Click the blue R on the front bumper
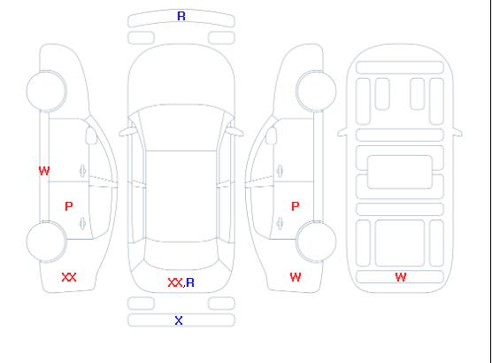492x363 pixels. point(181,16)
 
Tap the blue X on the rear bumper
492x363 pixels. point(179,321)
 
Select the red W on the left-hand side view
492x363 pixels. point(44,171)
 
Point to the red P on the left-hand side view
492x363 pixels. point(69,206)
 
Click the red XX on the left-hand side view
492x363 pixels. point(69,277)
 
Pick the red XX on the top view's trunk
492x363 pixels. point(175,282)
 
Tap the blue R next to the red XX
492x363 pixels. point(190,282)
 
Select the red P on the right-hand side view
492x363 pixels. point(296,206)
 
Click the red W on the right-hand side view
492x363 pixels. point(296,277)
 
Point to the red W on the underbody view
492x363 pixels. point(401,277)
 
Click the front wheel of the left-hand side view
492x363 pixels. point(46,91)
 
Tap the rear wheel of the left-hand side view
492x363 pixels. point(46,242)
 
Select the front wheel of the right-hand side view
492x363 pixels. point(316,91)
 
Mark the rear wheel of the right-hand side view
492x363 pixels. point(316,242)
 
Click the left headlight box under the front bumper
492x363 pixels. point(141,38)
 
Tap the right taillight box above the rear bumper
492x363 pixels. point(221,304)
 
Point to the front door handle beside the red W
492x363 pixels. point(82,171)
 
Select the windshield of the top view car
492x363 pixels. point(181,127)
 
